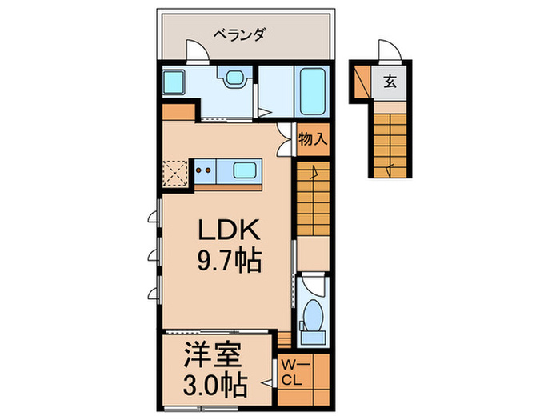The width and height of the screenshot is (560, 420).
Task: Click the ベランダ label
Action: [239, 34]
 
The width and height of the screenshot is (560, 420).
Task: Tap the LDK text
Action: [227, 233]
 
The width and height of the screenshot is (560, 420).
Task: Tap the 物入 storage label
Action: [312, 138]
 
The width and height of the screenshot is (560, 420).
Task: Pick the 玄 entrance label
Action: [390, 81]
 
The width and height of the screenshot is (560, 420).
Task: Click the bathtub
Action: [311, 90]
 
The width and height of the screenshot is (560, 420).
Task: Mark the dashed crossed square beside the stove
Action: [175, 173]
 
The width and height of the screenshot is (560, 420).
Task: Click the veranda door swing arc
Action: [197, 50]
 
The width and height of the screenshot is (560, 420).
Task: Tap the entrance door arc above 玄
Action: [389, 50]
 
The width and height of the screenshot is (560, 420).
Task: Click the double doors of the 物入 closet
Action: [285, 140]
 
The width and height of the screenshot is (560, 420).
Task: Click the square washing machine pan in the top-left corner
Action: [173, 82]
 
